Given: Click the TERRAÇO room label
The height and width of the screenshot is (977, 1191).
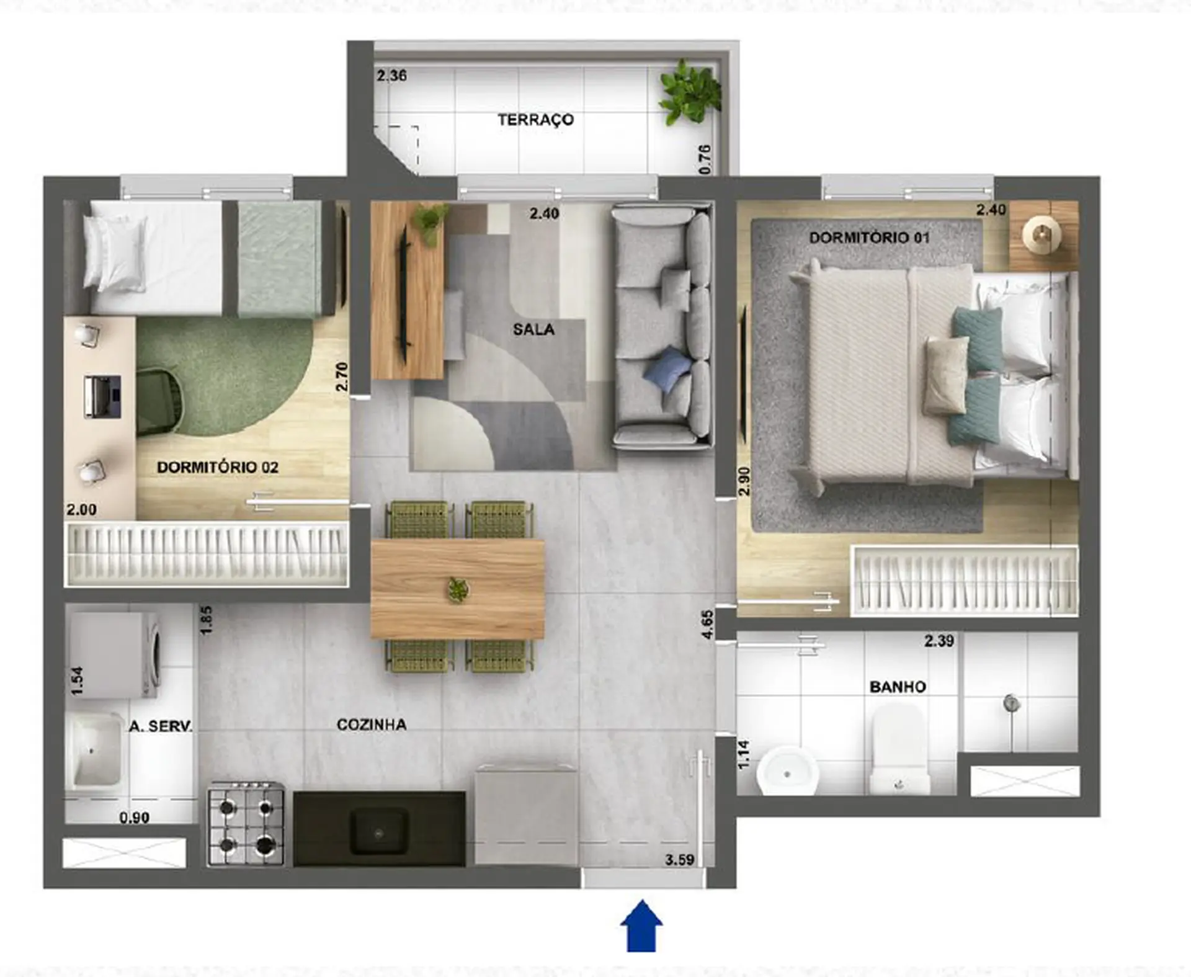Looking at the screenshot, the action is (535, 119).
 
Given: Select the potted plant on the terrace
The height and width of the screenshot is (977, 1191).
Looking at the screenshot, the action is (690, 92).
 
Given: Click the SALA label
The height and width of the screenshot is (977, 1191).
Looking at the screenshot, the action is (533, 329).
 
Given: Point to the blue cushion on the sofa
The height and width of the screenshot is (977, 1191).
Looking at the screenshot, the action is (667, 368).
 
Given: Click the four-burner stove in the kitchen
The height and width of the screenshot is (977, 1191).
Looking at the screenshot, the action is (246, 824).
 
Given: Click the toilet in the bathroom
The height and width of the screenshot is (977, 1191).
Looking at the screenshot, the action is (899, 751).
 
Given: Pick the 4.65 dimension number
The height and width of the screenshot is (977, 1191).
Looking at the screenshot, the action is (707, 624).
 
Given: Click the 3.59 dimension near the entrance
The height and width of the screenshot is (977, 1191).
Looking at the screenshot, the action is (679, 860).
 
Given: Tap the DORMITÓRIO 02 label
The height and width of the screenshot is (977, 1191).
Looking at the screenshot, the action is (218, 467).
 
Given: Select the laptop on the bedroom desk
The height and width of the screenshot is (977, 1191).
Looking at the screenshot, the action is (102, 396).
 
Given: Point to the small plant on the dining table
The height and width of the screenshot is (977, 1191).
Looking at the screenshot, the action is (458, 589).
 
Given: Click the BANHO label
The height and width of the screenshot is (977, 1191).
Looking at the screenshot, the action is (898, 687).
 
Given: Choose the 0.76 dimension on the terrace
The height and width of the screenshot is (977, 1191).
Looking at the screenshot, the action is (705, 159).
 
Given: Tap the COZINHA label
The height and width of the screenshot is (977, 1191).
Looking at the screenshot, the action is (372, 725).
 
